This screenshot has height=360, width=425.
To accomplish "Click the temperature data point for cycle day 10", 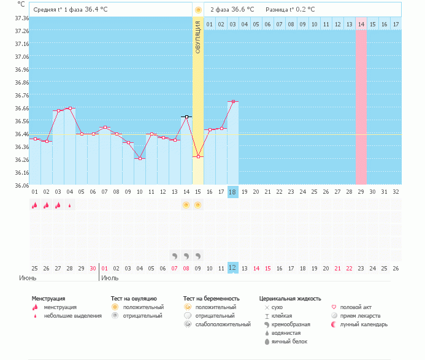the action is (140, 158).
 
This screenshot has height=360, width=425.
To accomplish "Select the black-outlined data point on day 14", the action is (186, 117).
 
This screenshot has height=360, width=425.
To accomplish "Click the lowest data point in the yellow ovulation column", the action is (199, 156).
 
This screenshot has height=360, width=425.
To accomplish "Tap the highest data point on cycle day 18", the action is (233, 102).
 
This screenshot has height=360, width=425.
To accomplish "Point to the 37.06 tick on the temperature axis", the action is (21, 56).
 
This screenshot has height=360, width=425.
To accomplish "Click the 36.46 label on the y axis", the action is (21, 134).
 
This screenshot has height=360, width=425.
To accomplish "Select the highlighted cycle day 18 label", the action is (232, 192).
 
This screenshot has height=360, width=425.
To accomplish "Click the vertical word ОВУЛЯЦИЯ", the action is (198, 37).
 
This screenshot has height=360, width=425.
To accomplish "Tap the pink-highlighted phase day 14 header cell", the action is (361, 24).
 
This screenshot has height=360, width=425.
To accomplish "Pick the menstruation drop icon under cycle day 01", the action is (34, 205).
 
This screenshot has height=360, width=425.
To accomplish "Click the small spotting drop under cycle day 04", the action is (70, 205).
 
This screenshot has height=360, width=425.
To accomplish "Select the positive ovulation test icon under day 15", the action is (198, 205).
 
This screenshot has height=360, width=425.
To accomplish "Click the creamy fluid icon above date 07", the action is (175, 256).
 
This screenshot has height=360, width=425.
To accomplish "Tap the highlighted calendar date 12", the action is (232, 268).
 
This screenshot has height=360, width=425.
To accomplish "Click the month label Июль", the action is (110, 278).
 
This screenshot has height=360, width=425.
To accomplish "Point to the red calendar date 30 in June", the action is (93, 269).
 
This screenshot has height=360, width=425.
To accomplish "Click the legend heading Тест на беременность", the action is (211, 299).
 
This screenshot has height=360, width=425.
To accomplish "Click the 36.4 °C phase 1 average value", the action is (96, 9).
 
